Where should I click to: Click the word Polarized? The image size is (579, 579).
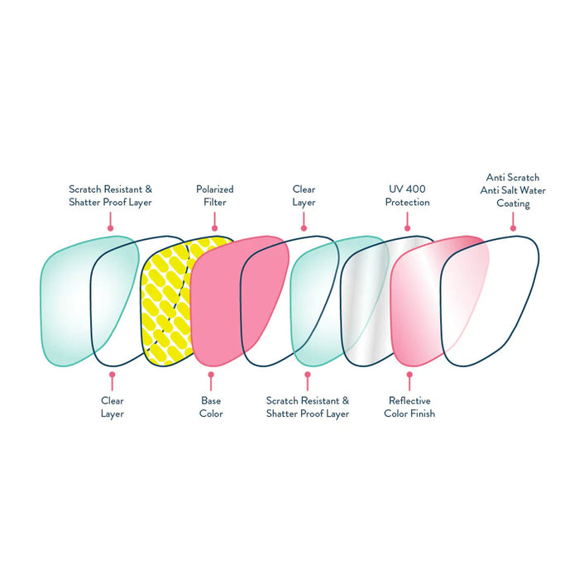point(214,189)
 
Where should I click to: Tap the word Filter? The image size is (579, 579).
point(214,202)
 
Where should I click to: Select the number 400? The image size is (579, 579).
point(415,189)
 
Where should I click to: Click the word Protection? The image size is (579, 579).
point(407,202)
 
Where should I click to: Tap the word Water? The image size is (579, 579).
point(536,189)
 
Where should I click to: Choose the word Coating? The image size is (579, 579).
point(514,203)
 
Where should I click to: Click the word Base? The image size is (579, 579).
point(211,400)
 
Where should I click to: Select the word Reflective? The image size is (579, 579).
point(409,400)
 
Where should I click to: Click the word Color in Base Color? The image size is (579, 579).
point(211,413)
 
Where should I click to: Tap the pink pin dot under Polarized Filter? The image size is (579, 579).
point(214,227)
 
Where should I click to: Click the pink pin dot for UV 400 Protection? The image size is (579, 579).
point(407,227)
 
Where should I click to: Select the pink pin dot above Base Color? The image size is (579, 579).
point(211,374)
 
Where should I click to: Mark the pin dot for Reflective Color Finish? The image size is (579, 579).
point(409,374)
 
